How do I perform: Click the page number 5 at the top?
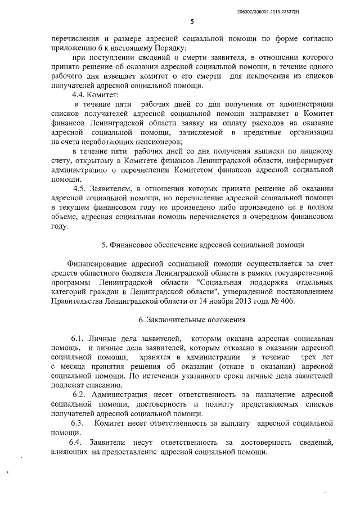[x=192, y=21]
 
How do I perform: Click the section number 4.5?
[x=89, y=188]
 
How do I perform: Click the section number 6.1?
[x=78, y=339]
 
